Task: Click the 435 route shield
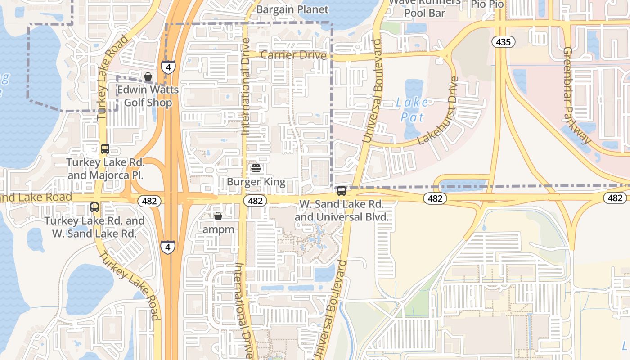pos(503,42)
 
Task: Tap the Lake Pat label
pos(412,110)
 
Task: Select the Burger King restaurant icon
pos(256,168)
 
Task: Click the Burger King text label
pos(256,182)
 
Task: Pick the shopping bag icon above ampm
pos(218,216)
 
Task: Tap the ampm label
pos(218,229)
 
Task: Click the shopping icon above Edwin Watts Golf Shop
pos(148,76)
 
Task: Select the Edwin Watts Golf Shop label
pos(148,96)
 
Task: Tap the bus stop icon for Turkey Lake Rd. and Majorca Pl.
pos(105,149)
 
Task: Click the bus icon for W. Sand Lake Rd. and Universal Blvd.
pos(342,191)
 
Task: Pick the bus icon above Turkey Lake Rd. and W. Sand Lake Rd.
pos(94,207)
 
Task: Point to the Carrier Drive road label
pos(293,55)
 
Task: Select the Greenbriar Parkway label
pos(576,95)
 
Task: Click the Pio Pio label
pos(487,4)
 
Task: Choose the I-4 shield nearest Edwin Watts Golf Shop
pos(168,67)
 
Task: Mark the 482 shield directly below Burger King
pos(255,201)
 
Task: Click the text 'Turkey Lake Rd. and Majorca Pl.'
pos(105,168)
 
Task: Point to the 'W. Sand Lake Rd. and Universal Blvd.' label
pos(342,211)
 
